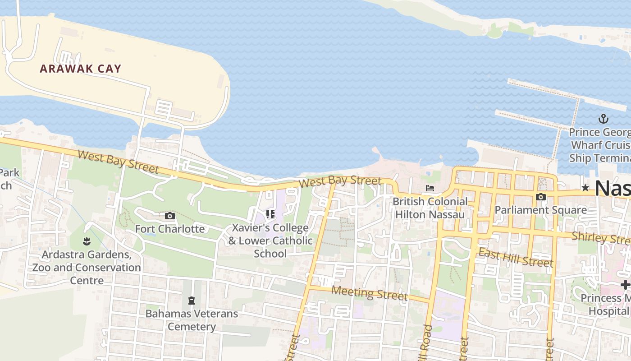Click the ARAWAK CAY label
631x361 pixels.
tap(81, 69)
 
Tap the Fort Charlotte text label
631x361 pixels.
tap(170, 229)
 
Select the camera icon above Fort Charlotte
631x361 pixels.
tap(170, 216)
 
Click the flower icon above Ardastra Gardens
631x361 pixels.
tap(87, 241)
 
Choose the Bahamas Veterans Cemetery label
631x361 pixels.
tap(192, 319)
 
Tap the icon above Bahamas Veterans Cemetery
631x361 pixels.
tap(192, 300)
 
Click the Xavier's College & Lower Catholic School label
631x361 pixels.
tap(270, 241)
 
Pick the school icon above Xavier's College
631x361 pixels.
tap(270, 214)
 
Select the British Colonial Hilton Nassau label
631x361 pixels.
tap(430, 208)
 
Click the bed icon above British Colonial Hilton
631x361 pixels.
tap(430, 188)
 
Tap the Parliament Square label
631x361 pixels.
tap(540, 210)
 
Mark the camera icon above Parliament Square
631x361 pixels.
tap(540, 197)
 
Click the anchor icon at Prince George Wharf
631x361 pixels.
tap(603, 119)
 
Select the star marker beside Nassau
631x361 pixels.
tap(585, 188)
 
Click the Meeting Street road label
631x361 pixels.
tap(369, 293)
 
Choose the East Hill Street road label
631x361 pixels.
tap(515, 258)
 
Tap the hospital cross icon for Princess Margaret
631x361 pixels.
tap(625, 285)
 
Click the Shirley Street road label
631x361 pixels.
tap(601, 238)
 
